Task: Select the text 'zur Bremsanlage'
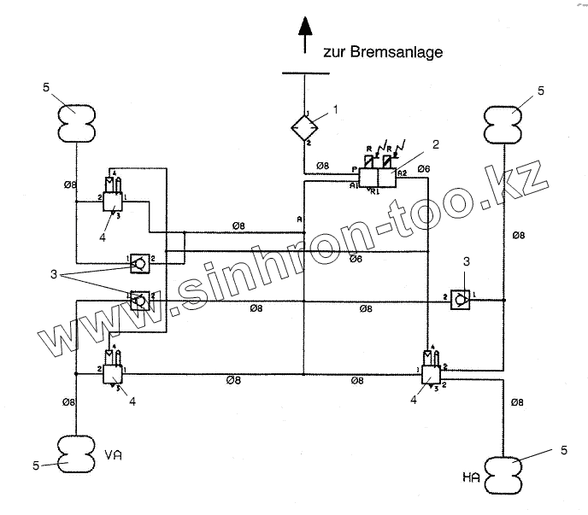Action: pyautogui.click(x=382, y=52)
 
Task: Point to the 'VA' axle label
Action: pyautogui.click(x=114, y=455)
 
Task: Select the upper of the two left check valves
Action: pyautogui.click(x=138, y=262)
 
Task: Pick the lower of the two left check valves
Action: pyautogui.click(x=138, y=300)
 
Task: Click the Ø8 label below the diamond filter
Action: pyautogui.click(x=323, y=165)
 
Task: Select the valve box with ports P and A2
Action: pyautogui.click(x=377, y=178)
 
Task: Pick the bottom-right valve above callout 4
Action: pyautogui.click(x=432, y=372)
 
